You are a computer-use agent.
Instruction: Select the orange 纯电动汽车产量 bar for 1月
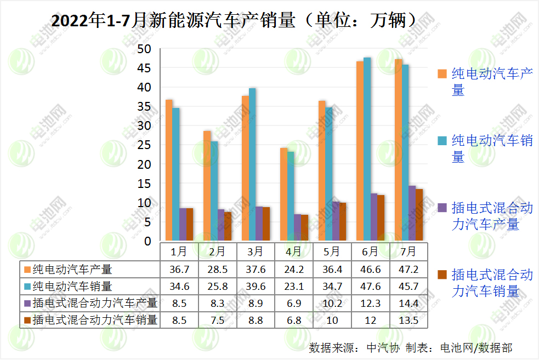tap(169, 170)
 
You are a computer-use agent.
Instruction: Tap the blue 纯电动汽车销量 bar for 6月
tap(367, 149)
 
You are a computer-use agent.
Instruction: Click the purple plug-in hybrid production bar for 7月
tap(412, 213)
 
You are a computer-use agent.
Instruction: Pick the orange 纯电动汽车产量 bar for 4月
tap(283, 194)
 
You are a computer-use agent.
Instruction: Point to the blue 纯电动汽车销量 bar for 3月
tap(252, 164)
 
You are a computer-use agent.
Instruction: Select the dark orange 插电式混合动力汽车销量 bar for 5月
tap(343, 221)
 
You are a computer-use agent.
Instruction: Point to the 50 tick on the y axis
tap(144, 49)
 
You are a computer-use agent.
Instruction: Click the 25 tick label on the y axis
tap(144, 145)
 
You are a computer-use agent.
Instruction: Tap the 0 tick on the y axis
tap(147, 241)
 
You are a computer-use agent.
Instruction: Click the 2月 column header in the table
tap(217, 252)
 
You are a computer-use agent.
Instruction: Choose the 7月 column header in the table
tap(408, 252)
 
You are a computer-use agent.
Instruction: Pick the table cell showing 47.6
tap(370, 286)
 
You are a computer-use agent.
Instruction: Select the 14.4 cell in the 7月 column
tap(408, 302)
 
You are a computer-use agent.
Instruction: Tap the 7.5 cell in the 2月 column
tap(217, 320)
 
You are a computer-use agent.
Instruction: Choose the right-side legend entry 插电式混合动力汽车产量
tap(492, 216)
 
